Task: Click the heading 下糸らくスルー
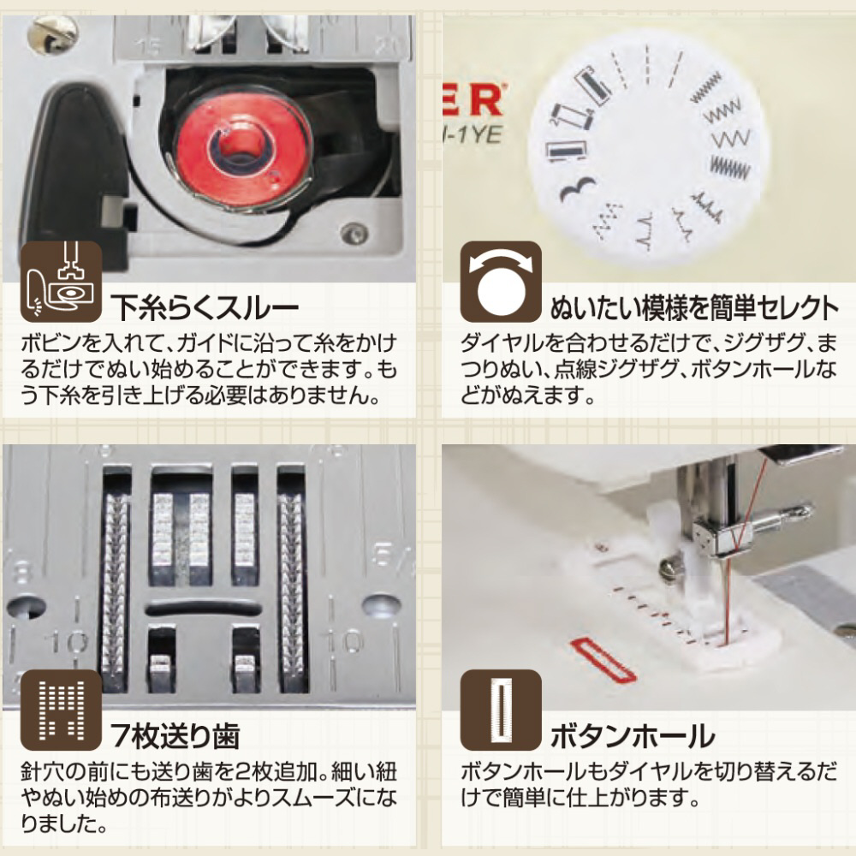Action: [x=205, y=306]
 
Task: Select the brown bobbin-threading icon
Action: [x=61, y=281]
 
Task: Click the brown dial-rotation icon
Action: [x=501, y=281]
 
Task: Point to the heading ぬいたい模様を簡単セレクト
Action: [x=694, y=308]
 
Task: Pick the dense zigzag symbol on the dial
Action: [x=730, y=168]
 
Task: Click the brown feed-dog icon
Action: [x=61, y=709]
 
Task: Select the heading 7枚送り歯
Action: [x=175, y=736]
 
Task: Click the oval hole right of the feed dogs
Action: [x=381, y=605]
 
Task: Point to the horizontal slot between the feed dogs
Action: [x=203, y=607]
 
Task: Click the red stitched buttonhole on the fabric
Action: [x=603, y=660]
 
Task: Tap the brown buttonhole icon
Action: [x=501, y=709]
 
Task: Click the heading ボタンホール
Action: [x=633, y=736]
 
